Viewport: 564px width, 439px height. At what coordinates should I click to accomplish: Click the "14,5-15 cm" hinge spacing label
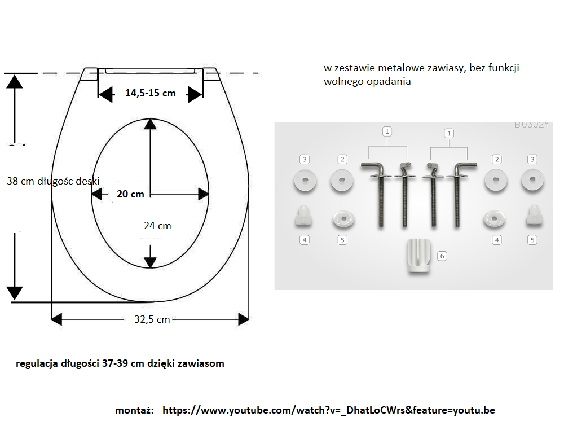click(x=151, y=93)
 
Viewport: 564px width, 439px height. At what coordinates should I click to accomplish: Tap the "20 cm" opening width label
click(x=130, y=194)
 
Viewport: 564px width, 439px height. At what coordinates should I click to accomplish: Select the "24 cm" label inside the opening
click(x=157, y=226)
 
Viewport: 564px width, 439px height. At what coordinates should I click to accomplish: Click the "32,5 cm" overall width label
click(x=152, y=319)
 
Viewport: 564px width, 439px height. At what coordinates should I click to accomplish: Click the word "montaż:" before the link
click(x=135, y=410)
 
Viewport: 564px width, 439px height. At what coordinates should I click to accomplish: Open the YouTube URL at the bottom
click(x=329, y=410)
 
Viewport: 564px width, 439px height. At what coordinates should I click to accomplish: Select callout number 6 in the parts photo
click(x=442, y=256)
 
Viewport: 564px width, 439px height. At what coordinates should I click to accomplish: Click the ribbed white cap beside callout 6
click(x=418, y=256)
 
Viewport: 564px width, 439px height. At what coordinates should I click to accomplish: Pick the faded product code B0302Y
click(x=532, y=125)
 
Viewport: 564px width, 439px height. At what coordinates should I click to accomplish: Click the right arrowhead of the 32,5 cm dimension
click(x=244, y=319)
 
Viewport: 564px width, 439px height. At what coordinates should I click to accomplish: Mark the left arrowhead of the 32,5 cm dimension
click(x=57, y=319)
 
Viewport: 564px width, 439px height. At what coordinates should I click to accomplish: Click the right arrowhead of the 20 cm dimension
click(x=203, y=194)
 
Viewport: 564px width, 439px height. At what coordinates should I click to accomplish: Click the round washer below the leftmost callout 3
click(x=305, y=180)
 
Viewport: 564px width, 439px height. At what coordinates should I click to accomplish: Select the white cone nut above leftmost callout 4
click(x=304, y=216)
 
